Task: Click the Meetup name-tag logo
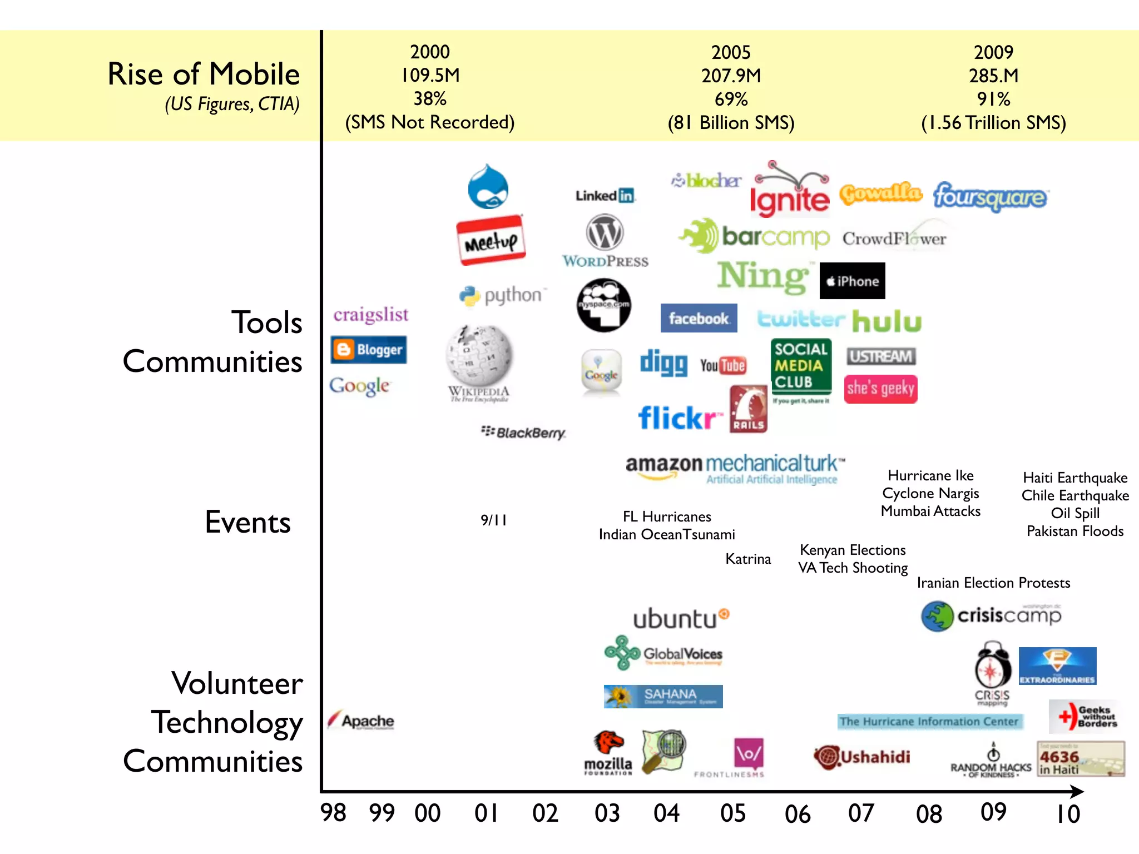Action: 491,240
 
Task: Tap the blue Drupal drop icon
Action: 488,187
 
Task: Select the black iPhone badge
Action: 852,281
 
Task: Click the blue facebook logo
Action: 699,318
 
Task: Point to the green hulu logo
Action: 887,321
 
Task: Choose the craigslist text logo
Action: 370,315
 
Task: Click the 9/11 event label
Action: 493,520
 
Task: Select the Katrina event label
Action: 748,559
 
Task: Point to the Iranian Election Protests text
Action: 993,583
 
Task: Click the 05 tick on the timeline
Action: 732,813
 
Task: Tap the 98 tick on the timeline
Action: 333,813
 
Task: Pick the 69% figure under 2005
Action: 731,99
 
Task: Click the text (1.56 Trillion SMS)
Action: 993,122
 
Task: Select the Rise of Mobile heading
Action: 204,74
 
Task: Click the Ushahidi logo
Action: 862,757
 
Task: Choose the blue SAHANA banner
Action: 663,696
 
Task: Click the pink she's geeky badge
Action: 880,389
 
